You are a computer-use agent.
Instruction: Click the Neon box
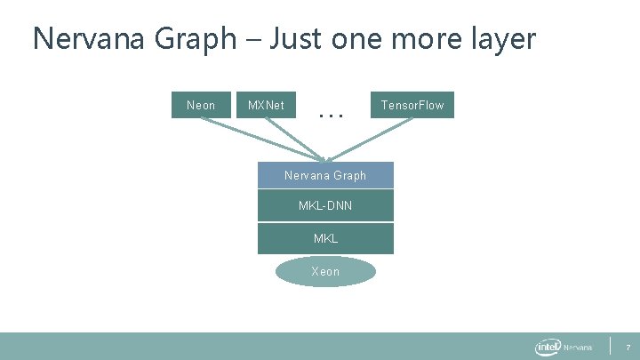[201, 105]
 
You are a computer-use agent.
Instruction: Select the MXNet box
[266, 105]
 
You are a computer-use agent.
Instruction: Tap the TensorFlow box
[412, 105]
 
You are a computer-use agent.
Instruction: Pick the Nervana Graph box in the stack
[325, 175]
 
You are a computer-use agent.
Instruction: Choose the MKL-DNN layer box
[325, 206]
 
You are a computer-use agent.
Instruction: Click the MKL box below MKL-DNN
[325, 238]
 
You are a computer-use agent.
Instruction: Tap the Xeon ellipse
[325, 271]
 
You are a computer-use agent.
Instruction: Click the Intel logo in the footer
[547, 347]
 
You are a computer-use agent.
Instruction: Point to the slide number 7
[628, 347]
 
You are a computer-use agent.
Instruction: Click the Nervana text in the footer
[578, 348]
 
